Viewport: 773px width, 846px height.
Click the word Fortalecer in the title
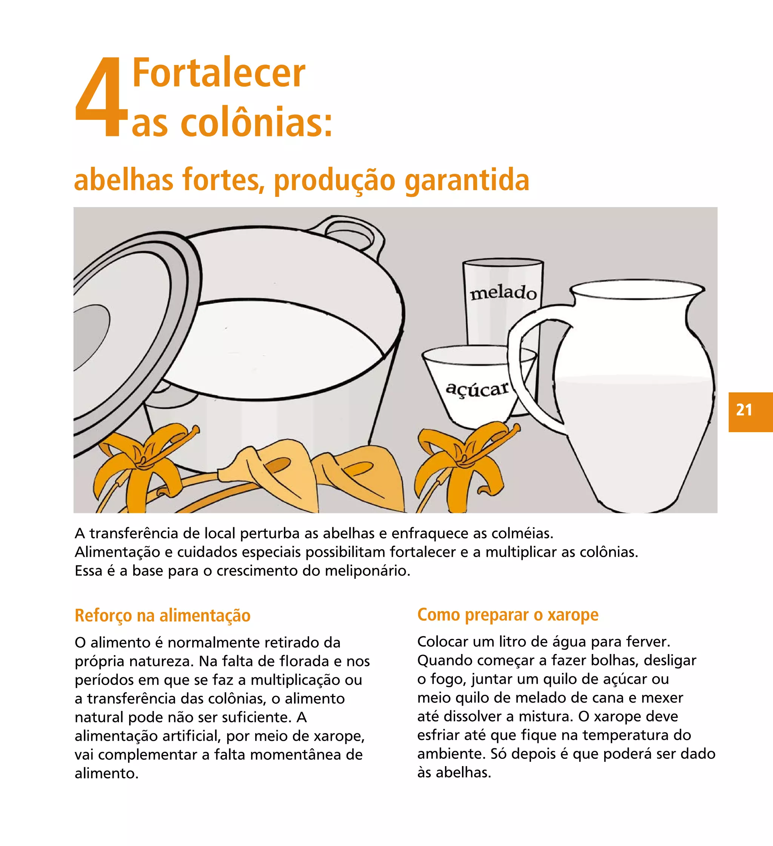pos(218,73)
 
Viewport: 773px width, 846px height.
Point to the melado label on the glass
pos(503,292)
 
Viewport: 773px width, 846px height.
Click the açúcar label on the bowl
pos(477,389)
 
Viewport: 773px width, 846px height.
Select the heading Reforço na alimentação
pos(163,616)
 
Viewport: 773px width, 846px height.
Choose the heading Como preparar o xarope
pos(508,615)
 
